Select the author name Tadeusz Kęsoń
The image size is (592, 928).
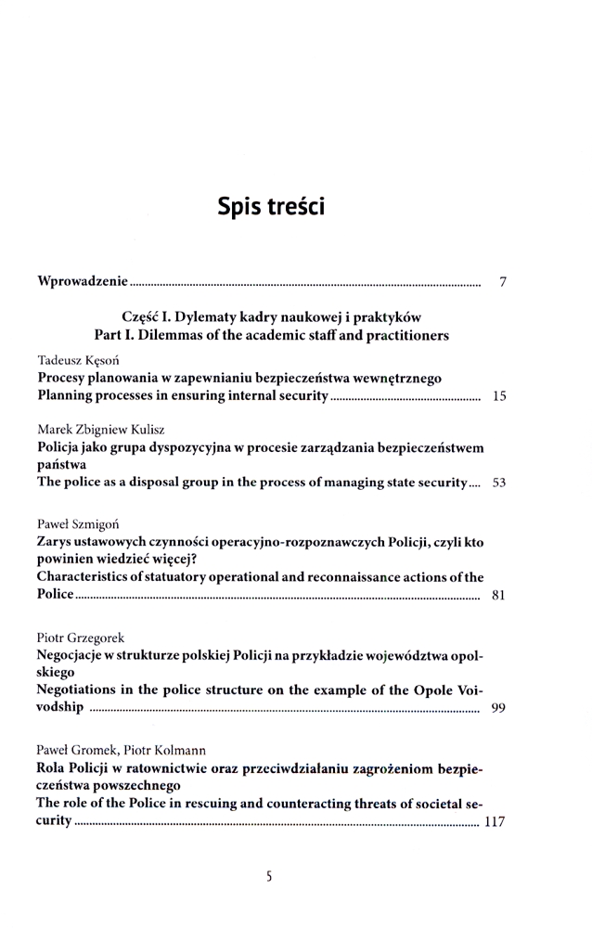(78, 360)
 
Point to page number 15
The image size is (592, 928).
(499, 397)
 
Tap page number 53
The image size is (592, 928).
(499, 483)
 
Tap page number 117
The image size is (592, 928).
(495, 821)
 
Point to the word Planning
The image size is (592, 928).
(69, 397)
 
